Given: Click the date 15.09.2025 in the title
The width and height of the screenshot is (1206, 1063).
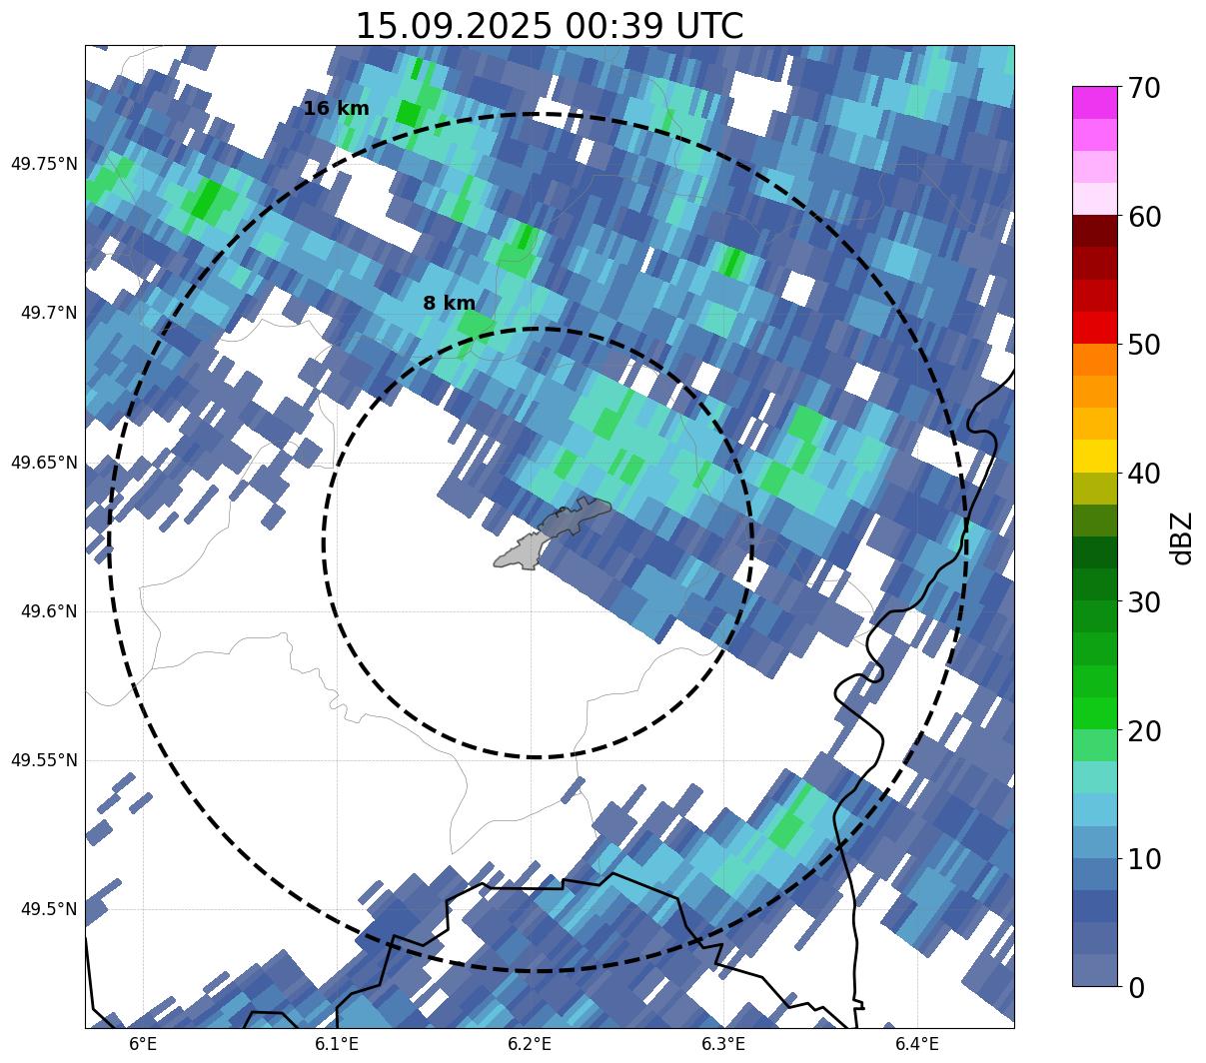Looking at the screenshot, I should click(453, 26).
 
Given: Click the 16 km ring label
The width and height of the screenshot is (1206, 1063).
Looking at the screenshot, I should click(336, 109).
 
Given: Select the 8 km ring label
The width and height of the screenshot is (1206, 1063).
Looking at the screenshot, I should click(449, 304).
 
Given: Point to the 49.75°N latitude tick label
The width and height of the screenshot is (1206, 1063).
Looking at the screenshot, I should click(44, 164).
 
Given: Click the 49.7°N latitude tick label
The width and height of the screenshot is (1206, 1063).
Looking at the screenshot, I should click(49, 314).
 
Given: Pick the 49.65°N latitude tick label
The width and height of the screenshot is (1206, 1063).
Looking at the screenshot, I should click(44, 463).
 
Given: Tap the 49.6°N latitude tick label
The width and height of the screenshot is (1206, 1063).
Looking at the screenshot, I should click(49, 611).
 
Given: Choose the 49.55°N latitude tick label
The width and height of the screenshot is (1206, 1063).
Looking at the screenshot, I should click(44, 760).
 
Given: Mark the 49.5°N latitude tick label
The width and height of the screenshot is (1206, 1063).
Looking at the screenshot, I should click(49, 909).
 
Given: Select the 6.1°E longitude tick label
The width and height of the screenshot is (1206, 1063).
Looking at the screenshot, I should click(337, 1044).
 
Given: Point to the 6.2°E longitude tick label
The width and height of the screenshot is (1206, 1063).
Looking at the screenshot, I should click(530, 1044).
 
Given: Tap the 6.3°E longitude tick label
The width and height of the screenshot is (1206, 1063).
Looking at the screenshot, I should click(723, 1044).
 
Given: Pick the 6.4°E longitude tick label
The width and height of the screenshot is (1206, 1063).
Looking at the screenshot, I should click(916, 1044).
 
